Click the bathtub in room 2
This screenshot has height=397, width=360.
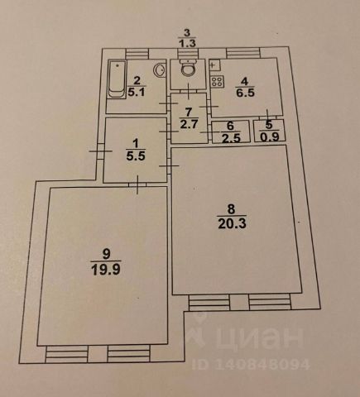pos(117,79)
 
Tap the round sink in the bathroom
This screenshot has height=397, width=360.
pos(159,69)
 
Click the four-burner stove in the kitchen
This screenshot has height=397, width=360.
pos(217,82)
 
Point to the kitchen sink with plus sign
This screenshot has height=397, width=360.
pos(214,65)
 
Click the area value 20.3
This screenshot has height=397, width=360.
pos(232,223)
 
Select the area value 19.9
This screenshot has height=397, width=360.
pos(106,270)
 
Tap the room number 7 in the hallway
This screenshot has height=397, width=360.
pos(189,112)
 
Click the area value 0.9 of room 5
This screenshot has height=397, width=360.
pos(270,136)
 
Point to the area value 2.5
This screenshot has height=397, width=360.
pos(231,137)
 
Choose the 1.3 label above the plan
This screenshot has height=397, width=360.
pos(187,43)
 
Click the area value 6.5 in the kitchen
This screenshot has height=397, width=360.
pos(245,93)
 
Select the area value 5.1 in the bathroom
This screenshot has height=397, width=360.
pos(137,91)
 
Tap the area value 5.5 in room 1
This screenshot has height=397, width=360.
pos(136,156)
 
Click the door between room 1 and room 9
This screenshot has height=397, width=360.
pos(137,184)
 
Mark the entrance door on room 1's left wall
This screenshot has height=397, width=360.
pos(100,151)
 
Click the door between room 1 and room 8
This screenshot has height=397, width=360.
pos(169,165)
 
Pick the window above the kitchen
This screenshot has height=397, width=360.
pos(243,52)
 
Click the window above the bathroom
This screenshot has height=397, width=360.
pos(137,53)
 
